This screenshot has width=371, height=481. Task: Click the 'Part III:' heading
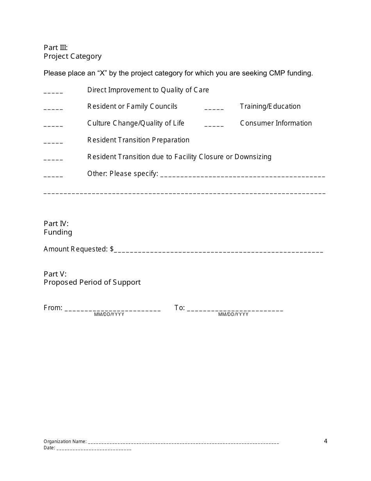click(55, 48)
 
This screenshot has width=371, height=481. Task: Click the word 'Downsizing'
click(253, 157)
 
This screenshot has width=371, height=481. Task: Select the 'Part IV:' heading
click(56, 224)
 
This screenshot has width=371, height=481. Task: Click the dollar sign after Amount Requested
click(112, 249)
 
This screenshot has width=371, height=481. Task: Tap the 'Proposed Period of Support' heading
click(92, 282)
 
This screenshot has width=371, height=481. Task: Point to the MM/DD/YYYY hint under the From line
click(109, 315)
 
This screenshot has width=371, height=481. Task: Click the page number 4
click(326, 441)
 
